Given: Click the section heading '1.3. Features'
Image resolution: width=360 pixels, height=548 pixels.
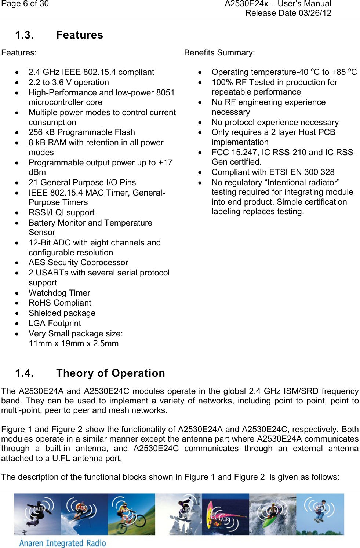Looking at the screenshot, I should pyautogui.click(x=59, y=35).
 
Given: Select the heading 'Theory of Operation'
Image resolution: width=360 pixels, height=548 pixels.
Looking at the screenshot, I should pyautogui.click(x=110, y=373).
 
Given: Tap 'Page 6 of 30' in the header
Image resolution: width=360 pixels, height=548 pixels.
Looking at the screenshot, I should pyautogui.click(x=25, y=4).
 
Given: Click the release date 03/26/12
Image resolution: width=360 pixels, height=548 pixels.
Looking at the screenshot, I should pyautogui.click(x=315, y=13).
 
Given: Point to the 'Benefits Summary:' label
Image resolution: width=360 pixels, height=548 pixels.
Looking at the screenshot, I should pyautogui.click(x=219, y=53).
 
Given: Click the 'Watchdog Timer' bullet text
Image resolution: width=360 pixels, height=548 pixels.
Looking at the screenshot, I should pyautogui.click(x=59, y=293).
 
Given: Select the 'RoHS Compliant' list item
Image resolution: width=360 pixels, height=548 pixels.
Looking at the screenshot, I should pyautogui.click(x=60, y=303).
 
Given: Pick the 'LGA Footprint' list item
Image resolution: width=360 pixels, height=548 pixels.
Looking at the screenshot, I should pyautogui.click(x=55, y=323).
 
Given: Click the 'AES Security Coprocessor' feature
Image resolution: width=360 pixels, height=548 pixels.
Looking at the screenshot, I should pyautogui.click(x=78, y=263).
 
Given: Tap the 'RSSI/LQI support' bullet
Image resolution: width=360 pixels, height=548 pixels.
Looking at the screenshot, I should pyautogui.click(x=61, y=213).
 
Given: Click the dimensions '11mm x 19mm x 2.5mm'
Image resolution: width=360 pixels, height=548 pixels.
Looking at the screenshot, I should pyautogui.click(x=73, y=344).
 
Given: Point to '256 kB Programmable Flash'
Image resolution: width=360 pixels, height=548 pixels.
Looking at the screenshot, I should pyautogui.click(x=81, y=132).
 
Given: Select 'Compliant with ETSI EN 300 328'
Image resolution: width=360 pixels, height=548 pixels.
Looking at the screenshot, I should pyautogui.click(x=273, y=172).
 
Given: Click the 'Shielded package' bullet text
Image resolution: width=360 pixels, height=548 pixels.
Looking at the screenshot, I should pyautogui.click(x=62, y=313).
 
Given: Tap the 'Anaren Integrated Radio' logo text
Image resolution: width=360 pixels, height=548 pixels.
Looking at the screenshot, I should pyautogui.click(x=62, y=543).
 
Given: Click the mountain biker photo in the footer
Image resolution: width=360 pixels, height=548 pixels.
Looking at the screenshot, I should pyautogui.click(x=131, y=514).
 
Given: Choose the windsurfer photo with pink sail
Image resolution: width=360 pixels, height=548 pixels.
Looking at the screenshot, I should pyautogui.click(x=225, y=514).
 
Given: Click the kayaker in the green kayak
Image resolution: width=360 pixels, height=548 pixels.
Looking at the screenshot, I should pyautogui.click(x=272, y=514).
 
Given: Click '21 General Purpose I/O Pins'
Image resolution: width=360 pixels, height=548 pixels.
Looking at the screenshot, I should pyautogui.click(x=82, y=183).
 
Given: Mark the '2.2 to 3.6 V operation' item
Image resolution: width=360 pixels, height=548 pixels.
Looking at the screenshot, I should pyautogui.click(x=69, y=83).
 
